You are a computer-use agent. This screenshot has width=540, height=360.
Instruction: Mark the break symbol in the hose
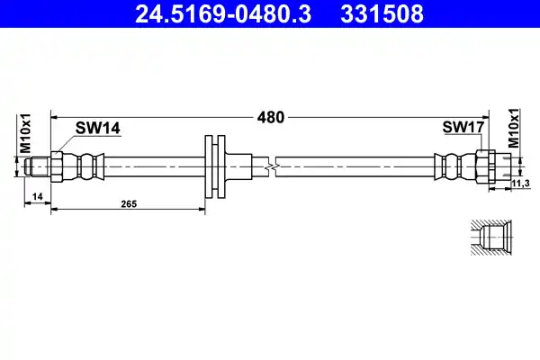click(x=271, y=166)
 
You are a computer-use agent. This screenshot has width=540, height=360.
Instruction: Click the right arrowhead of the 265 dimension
click(x=203, y=209)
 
